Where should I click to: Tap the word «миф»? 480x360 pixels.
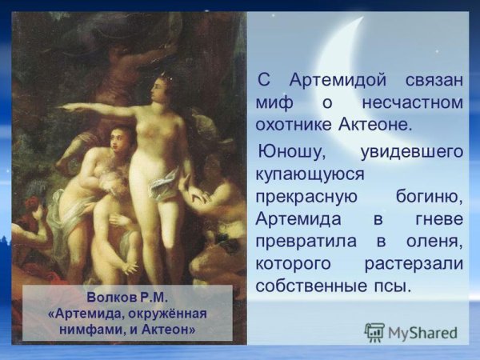pyautogui.click(x=274, y=104)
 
